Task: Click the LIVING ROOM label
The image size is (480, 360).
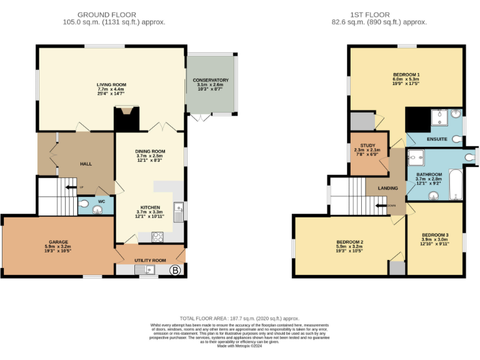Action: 111,84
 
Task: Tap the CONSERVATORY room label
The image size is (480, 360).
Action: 211,80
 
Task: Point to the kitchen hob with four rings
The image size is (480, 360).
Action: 158,237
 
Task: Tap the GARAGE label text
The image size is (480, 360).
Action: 58,242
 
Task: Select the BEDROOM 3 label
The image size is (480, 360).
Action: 434,234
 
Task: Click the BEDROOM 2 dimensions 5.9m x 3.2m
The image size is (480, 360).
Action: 349,246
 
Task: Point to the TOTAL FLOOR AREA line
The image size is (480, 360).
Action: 239,317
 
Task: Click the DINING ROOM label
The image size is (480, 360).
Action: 150,151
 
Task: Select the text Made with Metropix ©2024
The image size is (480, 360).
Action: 239,346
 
